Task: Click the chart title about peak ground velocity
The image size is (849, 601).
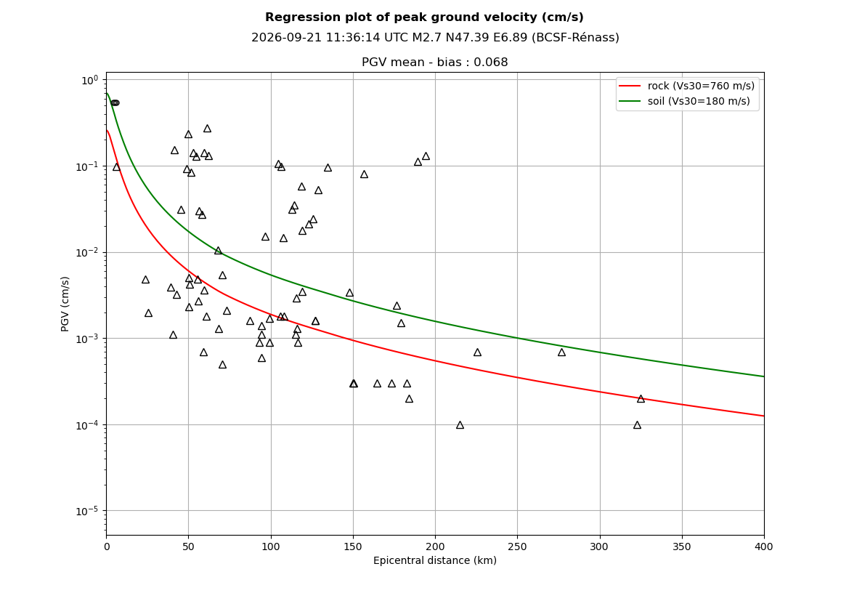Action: click(x=424, y=17)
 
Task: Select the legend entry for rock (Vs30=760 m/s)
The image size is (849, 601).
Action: click(x=686, y=86)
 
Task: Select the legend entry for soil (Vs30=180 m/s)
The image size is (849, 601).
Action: click(x=684, y=101)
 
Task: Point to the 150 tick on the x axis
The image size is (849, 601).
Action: click(x=353, y=546)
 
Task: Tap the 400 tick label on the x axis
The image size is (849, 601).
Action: click(x=764, y=546)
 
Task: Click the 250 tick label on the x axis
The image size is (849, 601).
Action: click(x=517, y=546)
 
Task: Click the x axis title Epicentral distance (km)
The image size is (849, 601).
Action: click(x=435, y=560)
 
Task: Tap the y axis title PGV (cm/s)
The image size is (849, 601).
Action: click(x=65, y=304)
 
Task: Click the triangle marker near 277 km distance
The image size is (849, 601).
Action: click(x=561, y=352)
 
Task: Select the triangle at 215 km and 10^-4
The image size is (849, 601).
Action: click(x=460, y=425)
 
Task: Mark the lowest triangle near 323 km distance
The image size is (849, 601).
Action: click(x=637, y=425)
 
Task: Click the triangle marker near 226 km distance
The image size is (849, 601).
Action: click(x=477, y=352)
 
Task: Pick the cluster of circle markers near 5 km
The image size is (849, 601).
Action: click(x=115, y=103)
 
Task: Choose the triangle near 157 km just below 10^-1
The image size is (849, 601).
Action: click(x=364, y=174)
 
